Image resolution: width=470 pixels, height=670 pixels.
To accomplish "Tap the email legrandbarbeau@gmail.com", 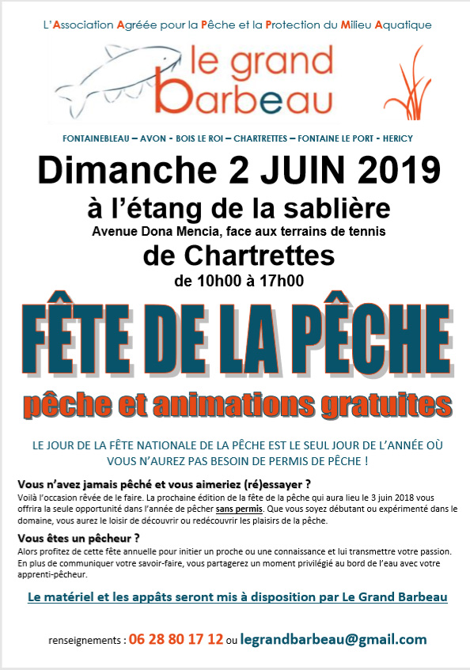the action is point(333,639).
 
